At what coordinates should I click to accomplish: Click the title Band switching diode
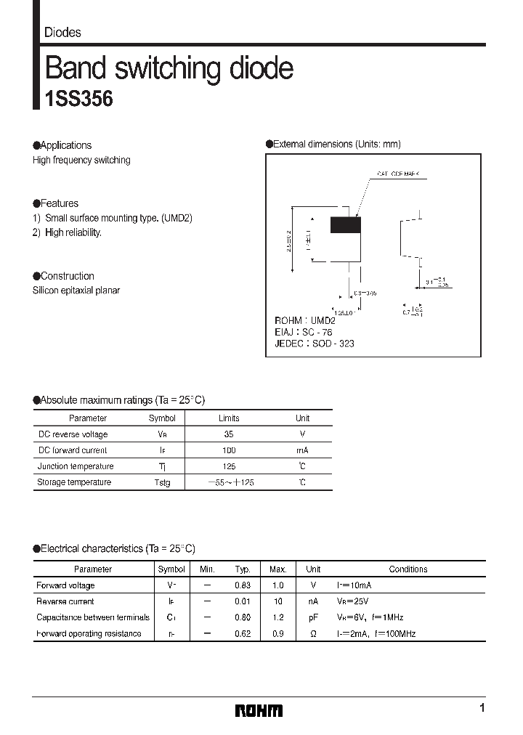(169, 68)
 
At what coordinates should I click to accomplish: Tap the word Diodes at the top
(62, 33)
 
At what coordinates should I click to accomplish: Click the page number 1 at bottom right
(482, 709)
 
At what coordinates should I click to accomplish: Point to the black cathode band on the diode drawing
(345, 225)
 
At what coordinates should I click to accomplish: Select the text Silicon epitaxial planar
(76, 291)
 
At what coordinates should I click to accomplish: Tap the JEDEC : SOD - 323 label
(314, 344)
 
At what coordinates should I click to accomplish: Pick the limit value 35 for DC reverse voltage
(229, 434)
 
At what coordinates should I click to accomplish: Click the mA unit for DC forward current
(302, 450)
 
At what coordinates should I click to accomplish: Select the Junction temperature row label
(76, 466)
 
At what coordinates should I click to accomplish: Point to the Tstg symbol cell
(161, 483)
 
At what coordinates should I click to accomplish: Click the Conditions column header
(408, 569)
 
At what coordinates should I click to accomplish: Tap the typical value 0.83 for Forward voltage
(243, 585)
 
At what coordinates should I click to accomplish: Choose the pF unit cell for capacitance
(313, 617)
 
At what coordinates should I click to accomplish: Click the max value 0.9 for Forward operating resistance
(277, 633)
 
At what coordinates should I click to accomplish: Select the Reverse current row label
(65, 601)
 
